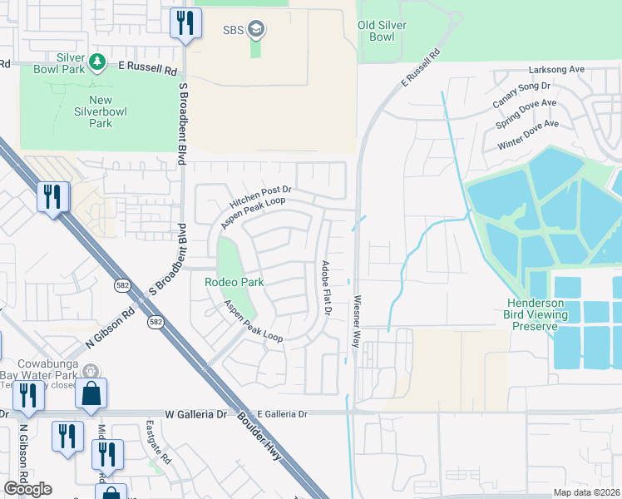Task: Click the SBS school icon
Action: click(257, 31)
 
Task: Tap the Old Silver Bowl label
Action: click(382, 32)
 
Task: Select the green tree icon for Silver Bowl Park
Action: click(96, 62)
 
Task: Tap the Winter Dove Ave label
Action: click(528, 136)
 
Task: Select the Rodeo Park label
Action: click(234, 283)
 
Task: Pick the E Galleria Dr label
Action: click(282, 413)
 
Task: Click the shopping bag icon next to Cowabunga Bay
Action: click(91, 393)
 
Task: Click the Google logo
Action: click(27, 489)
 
